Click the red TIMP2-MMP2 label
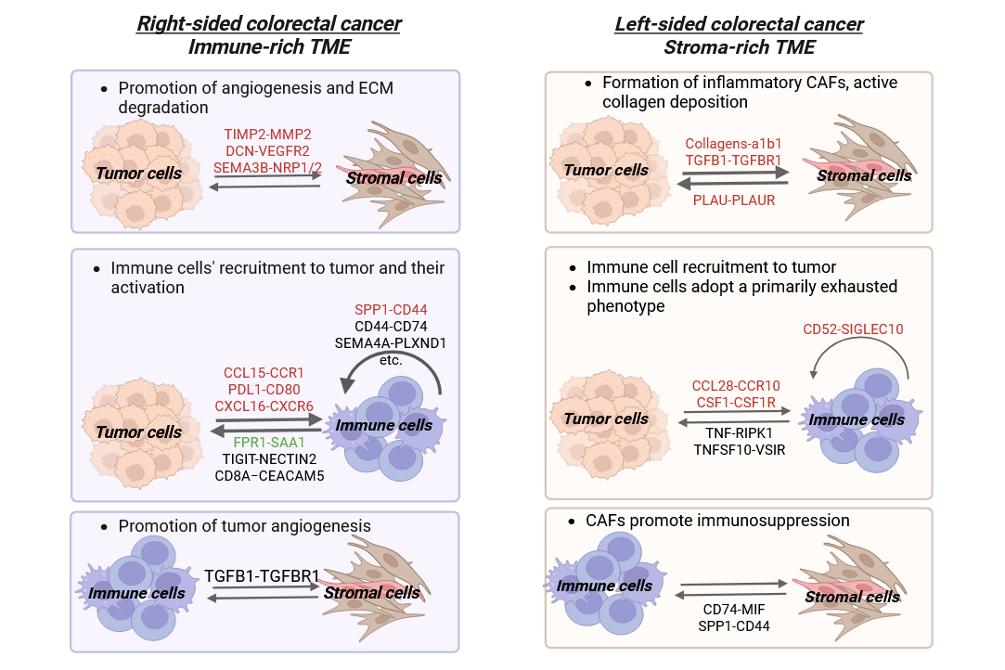pos(266,134)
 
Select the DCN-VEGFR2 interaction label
pos(266,149)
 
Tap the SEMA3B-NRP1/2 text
pos(266,166)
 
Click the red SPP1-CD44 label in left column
pos(391,309)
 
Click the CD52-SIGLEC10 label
pos(852,329)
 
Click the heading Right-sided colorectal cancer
pos(268,24)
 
